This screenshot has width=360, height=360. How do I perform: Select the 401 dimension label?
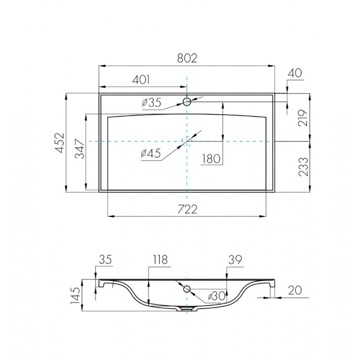pos(141,80)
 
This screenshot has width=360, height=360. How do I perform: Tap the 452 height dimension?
pos(59,143)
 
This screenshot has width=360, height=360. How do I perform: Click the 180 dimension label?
pos(211,158)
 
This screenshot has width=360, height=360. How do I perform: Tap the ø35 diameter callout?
pos(151,103)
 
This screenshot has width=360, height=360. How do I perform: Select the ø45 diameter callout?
pos(151,154)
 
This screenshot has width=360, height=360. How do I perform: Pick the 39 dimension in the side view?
pos(235,260)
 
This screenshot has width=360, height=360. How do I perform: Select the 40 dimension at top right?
pos(297,73)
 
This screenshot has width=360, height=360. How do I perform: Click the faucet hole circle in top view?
pos(186,101)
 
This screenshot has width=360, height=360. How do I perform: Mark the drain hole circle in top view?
pos(186,142)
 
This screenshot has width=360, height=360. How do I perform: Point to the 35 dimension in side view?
pos(105,260)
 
